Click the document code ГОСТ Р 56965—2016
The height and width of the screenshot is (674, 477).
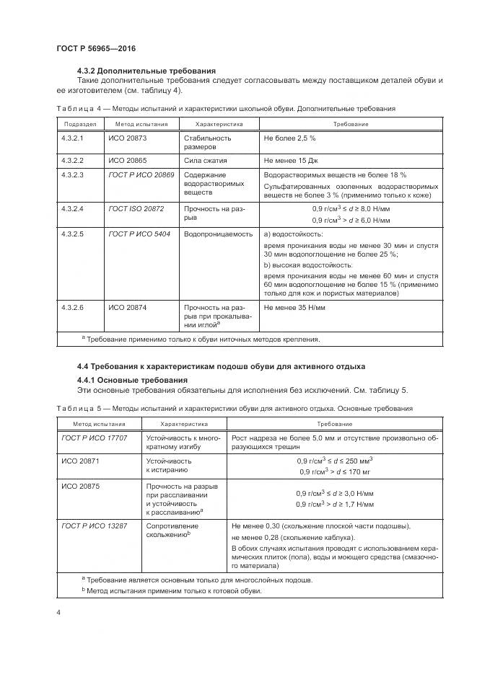point(96,48)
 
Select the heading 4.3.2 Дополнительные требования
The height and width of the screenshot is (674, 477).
point(146,71)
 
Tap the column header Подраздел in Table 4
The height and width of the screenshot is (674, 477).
point(77,124)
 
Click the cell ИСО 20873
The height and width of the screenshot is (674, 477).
point(127,137)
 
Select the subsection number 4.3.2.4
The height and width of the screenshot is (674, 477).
point(73,208)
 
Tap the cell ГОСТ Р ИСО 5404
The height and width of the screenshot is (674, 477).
point(139,234)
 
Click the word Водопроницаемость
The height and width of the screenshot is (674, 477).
point(218,234)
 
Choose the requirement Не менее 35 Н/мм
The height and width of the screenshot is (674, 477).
point(296,307)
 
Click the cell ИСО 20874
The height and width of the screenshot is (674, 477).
point(127,307)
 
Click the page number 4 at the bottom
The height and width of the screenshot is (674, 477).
point(58,613)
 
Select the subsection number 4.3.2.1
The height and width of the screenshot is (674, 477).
point(73,137)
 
